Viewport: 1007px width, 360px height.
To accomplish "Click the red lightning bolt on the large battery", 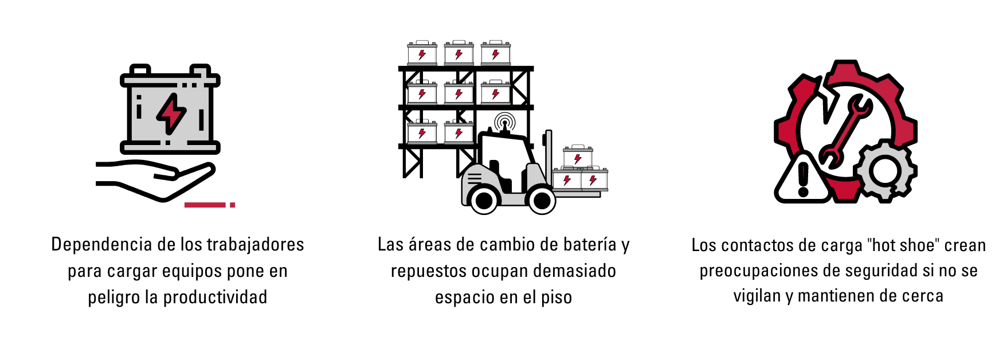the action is [x=171, y=114].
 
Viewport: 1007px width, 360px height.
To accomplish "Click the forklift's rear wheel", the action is [x=484, y=200].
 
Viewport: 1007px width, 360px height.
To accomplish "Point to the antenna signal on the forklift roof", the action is [x=504, y=122].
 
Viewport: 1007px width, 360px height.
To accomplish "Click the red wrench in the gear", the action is [x=845, y=132].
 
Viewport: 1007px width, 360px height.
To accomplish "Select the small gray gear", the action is [x=885, y=170].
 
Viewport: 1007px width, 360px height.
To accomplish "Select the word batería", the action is [x=590, y=245].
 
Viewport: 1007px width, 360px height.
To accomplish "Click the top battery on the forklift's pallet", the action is [x=578, y=156].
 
